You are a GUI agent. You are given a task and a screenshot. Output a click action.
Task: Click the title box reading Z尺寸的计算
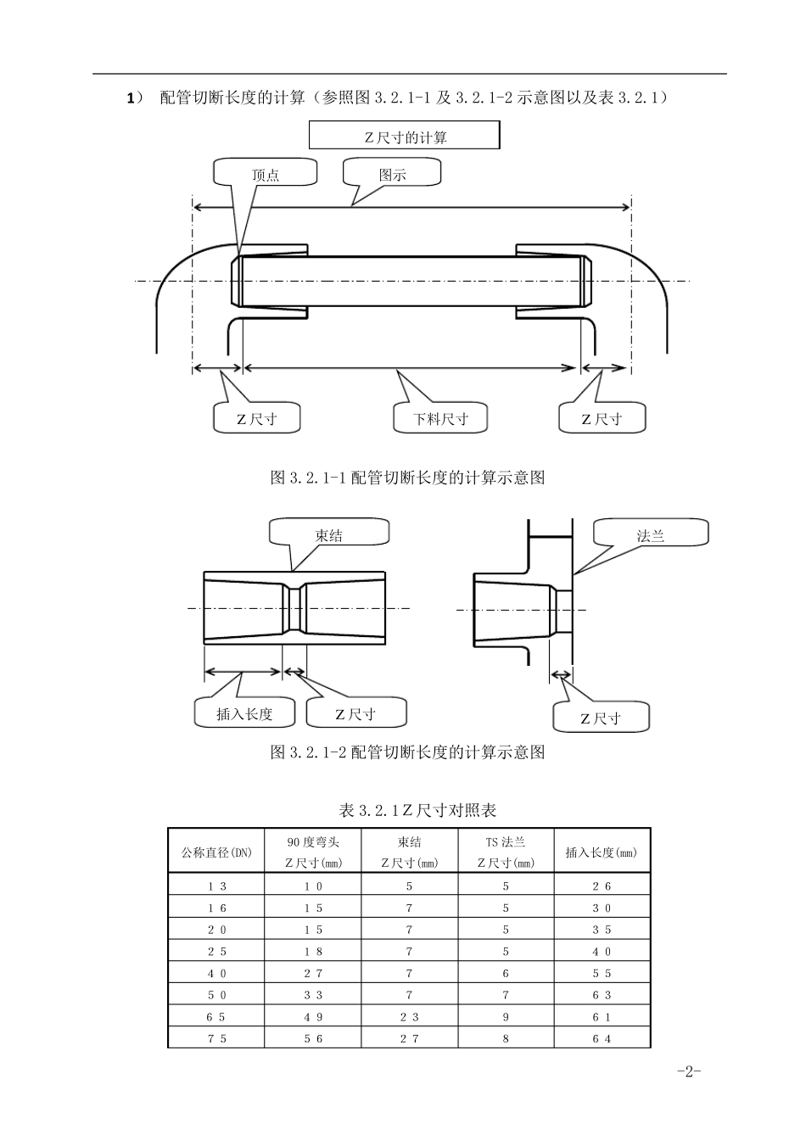pos(405,137)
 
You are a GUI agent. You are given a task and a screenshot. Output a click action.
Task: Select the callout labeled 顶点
pos(265,175)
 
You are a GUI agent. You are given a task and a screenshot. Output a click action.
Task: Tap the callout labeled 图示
pos(392,175)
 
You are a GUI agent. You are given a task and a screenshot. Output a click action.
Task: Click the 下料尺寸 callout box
pos(440,418)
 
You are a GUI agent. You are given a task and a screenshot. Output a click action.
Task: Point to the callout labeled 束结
pos(329,535)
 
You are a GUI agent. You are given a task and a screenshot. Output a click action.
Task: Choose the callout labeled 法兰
pos(651,535)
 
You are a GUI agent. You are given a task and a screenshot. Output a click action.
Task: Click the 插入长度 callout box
pos(244,713)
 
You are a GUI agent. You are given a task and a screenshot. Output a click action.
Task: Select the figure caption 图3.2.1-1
pos(407,478)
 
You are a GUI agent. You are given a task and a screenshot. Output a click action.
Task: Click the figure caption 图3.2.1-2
pos(407,752)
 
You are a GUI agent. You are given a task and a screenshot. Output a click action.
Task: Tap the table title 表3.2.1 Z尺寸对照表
pos(417,810)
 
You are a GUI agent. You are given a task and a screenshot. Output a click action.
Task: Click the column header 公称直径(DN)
pos(216,852)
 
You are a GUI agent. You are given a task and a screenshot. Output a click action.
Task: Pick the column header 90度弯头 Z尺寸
pos(313,852)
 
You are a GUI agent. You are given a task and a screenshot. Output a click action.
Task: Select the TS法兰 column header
pos(506,852)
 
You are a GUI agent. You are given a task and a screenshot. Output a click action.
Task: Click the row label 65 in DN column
pos(216,1016)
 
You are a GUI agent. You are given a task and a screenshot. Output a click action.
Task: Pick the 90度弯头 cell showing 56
pos(313,1038)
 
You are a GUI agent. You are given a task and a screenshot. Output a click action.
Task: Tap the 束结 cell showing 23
pos(409,1016)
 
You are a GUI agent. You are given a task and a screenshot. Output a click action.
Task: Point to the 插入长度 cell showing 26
pos(602,886)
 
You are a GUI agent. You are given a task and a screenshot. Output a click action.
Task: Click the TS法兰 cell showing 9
pos(506,1016)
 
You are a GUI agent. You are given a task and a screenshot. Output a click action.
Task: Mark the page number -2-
pos(689,1071)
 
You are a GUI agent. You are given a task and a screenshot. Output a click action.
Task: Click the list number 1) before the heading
pos(135,98)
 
